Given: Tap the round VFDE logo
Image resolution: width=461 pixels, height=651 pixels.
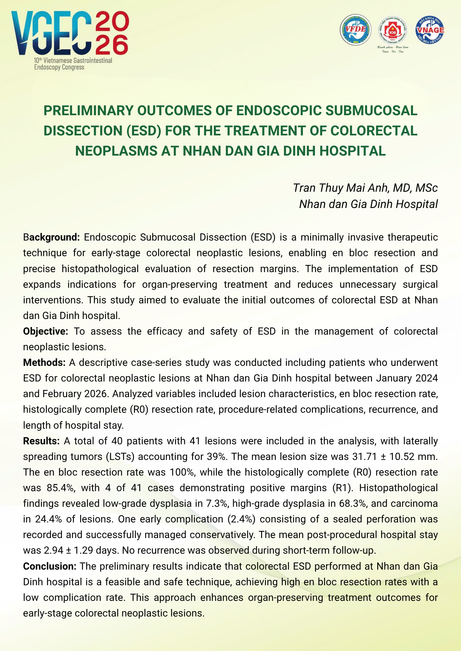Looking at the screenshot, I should [x=355, y=30].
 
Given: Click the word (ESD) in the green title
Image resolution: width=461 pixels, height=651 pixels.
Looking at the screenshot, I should [x=143, y=131].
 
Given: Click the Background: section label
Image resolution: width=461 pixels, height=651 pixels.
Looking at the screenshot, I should [x=52, y=237].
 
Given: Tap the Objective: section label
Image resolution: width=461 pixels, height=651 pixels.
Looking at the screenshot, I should [x=45, y=331].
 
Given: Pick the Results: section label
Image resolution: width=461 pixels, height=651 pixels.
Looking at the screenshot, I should [x=41, y=441].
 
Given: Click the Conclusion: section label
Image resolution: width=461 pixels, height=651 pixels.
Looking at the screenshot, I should [x=50, y=566].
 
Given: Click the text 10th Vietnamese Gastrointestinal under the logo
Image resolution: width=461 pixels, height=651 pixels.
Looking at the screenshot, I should [x=73, y=61].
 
